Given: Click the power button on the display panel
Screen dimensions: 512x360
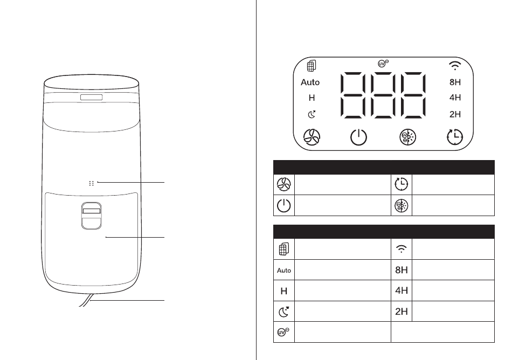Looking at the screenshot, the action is click(358, 137).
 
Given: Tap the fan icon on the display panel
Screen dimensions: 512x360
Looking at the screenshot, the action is click(312, 137).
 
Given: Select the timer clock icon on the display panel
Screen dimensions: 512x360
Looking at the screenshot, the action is click(454, 137).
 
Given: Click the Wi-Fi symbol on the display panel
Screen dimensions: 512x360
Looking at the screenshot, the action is click(455, 66).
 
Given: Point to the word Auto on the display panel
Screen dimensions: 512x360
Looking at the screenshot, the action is click(310, 82).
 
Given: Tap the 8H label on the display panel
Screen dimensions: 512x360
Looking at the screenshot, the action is click(455, 82).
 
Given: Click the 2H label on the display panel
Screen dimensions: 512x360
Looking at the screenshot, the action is click(455, 114).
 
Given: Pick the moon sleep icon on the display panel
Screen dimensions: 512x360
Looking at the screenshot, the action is click(312, 114).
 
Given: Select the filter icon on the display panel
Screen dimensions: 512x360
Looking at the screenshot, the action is click(312, 66).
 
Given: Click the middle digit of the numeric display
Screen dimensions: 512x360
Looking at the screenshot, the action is click(383, 95).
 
